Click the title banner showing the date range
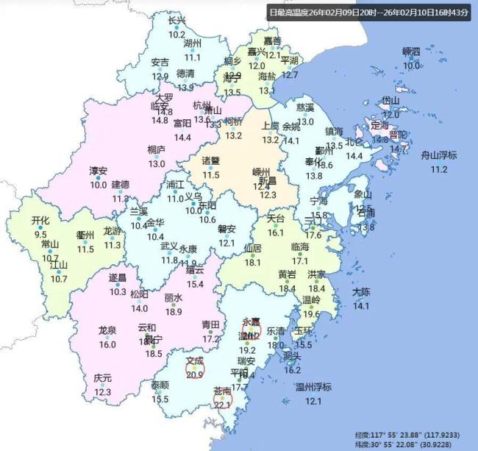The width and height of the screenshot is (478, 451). (x=368, y=13)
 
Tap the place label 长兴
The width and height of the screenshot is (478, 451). (x=177, y=21)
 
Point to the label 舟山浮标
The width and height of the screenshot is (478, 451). (x=438, y=155)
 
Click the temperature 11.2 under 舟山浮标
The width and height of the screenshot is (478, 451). (x=438, y=169)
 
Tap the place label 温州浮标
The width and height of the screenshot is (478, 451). (x=313, y=387)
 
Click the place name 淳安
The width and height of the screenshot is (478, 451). (x=99, y=171)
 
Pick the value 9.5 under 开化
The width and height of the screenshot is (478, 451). (x=40, y=234)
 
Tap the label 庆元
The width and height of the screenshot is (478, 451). (x=103, y=378)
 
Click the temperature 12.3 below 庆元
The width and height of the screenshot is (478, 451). (x=103, y=392)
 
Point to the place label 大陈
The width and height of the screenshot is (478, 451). (x=361, y=292)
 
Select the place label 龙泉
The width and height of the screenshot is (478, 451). (x=107, y=330)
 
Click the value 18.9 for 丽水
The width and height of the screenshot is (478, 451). (x=174, y=311)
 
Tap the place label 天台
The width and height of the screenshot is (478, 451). (x=275, y=219)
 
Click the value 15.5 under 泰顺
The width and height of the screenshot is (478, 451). (x=160, y=399)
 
